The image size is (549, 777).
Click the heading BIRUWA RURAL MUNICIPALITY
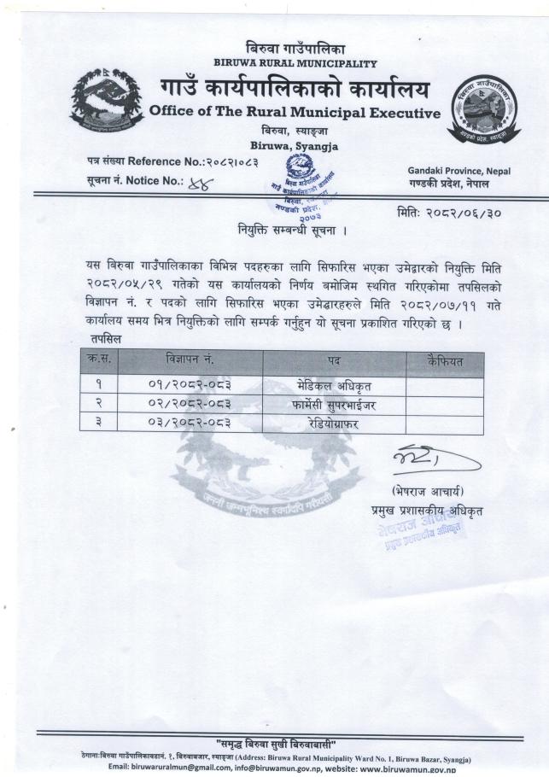[295, 63]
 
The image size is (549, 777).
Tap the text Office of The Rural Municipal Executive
[295, 113]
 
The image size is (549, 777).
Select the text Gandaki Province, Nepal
[459, 171]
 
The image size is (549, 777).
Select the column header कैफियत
[444, 361]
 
